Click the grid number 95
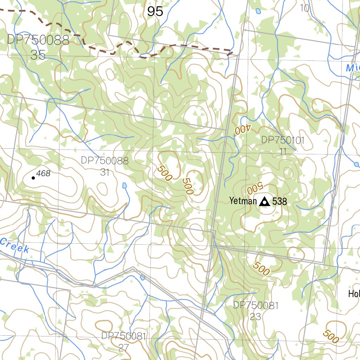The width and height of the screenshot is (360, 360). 155,12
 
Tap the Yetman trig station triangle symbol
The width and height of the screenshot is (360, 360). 264,201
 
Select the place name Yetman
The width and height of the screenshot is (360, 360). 243,201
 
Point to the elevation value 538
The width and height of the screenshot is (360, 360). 279,201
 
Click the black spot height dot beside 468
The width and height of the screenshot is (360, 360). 33,178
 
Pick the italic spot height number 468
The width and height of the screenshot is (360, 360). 43,173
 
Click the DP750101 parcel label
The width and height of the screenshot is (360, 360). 283,140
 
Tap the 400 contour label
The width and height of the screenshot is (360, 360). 242,130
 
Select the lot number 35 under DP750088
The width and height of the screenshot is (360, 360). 38,55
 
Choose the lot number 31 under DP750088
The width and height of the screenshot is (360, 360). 104,172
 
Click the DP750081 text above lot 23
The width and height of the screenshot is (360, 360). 256,305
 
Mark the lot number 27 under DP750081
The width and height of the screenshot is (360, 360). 123,348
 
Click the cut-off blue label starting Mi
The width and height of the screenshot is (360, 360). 353,68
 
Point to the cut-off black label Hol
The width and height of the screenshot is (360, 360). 354,294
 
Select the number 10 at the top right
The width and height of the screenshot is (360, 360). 305,8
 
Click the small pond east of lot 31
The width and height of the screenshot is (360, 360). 124,185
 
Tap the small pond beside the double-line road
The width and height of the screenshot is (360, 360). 142,277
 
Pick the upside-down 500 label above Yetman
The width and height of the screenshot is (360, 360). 255,188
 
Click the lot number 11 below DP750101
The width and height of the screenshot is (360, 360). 283,152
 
